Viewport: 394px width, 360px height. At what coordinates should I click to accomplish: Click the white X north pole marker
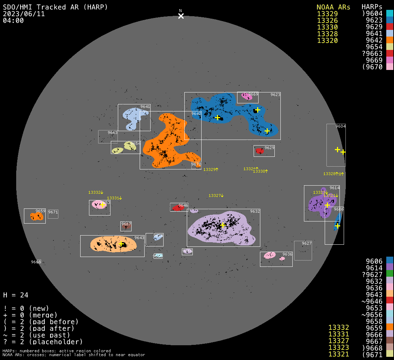point(181,16)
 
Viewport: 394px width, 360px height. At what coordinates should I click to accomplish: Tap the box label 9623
point(275,95)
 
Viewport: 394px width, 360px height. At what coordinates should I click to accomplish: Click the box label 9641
point(145,107)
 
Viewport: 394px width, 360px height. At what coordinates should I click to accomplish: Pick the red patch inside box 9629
point(259,151)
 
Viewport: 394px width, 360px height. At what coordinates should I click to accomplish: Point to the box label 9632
point(255,211)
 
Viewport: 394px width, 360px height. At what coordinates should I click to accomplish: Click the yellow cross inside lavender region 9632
point(222,225)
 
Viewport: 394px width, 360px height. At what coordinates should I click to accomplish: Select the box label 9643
point(139,238)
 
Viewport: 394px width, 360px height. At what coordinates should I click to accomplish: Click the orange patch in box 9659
point(36,217)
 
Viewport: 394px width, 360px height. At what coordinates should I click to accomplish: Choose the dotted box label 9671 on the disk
point(53,212)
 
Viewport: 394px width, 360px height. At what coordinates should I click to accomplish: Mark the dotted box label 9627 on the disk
point(307,243)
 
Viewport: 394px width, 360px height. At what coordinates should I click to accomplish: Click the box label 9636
point(287,254)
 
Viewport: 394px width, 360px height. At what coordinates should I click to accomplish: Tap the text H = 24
point(16,295)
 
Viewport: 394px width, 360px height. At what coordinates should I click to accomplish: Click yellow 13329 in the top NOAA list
point(327,14)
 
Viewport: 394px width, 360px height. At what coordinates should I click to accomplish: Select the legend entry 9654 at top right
point(374,47)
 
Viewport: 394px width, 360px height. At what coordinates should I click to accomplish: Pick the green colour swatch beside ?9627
point(389,274)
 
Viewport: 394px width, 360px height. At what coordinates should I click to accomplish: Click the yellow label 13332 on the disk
point(95,192)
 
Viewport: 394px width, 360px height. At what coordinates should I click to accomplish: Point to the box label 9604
point(341,126)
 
